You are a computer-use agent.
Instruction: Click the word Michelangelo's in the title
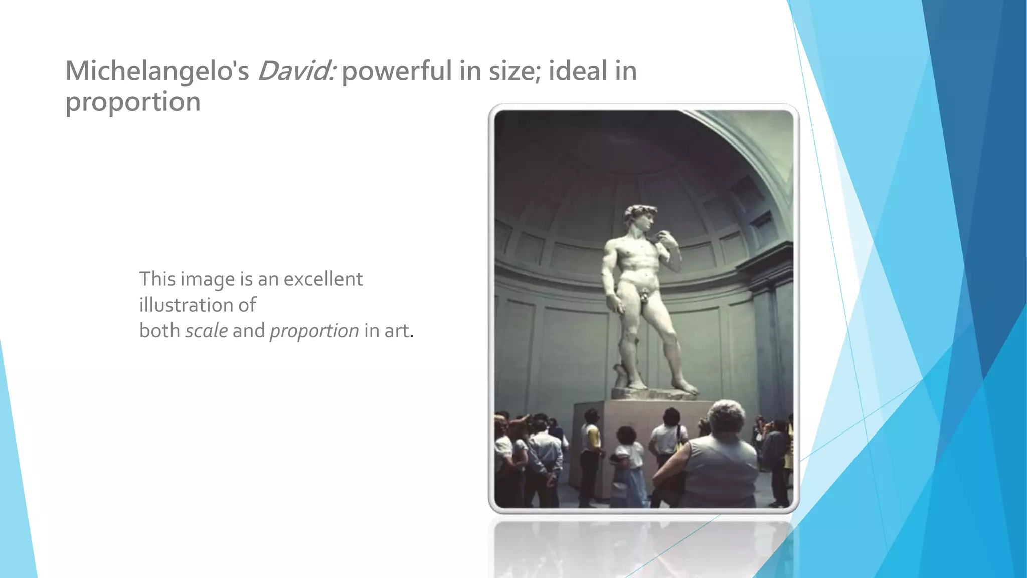pos(157,71)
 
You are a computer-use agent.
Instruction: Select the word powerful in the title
pos(396,71)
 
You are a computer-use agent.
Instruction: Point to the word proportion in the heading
pos(133,102)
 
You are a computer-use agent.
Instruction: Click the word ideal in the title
pos(577,71)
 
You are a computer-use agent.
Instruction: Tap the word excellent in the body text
pos(323,279)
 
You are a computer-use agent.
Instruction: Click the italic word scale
pos(206,331)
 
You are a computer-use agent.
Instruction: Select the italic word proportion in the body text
pos(314,331)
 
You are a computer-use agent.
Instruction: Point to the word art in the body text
pos(397,331)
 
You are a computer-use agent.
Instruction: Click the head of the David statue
pos(639,216)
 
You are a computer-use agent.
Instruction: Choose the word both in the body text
pos(159,331)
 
